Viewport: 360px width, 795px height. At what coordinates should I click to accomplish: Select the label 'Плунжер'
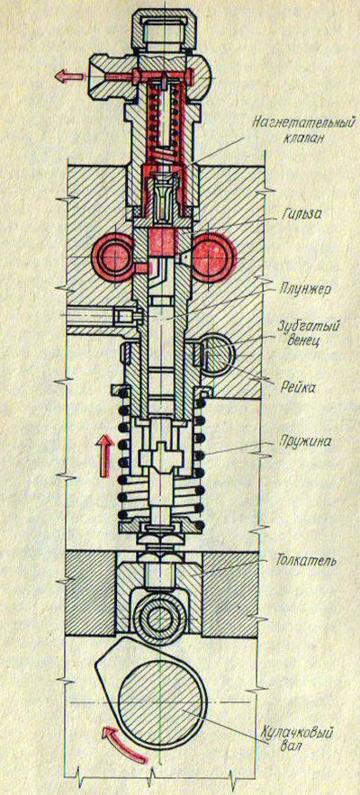pyautogui.click(x=306, y=290)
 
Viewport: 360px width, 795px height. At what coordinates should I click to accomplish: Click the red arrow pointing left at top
pyautogui.click(x=69, y=76)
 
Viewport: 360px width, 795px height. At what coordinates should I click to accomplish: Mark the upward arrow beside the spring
pyautogui.click(x=104, y=456)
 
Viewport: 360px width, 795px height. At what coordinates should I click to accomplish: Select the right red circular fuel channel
pyautogui.click(x=213, y=257)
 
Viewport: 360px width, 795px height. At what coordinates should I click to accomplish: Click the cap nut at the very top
pyautogui.click(x=164, y=30)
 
